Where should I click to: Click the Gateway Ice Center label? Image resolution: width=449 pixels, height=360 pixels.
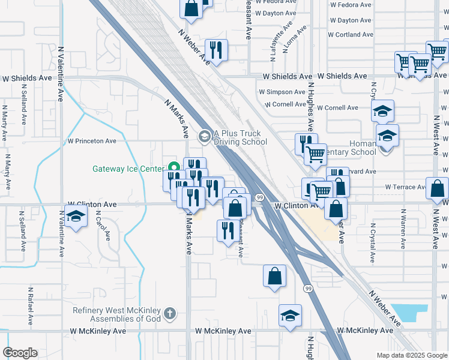(128, 169)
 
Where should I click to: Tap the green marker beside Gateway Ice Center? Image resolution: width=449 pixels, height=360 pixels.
(174, 168)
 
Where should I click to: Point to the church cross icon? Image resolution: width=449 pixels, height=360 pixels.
(170, 313)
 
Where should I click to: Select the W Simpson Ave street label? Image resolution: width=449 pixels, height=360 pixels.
(282, 92)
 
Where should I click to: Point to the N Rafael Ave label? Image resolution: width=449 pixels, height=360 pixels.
(29, 304)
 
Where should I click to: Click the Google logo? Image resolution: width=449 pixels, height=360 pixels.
(20, 353)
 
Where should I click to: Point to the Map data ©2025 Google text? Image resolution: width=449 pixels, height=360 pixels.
(412, 355)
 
